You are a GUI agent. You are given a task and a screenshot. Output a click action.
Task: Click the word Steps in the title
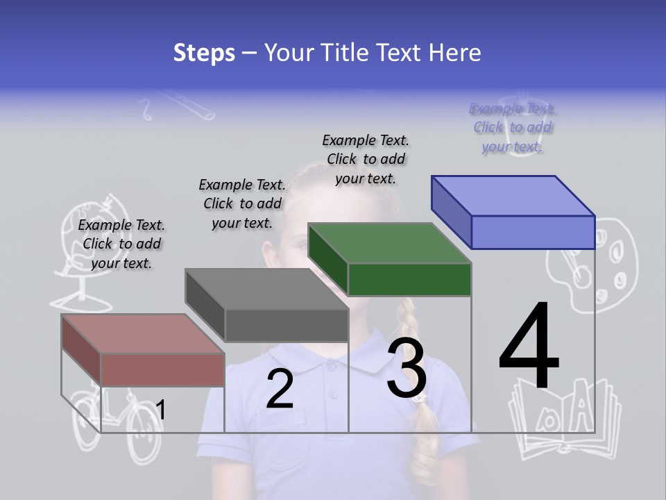tap(203, 53)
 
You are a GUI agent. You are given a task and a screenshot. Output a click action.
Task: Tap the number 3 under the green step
tap(406, 369)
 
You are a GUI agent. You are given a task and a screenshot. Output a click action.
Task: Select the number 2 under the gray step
tap(280, 389)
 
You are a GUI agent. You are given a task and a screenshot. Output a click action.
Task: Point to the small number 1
tap(160, 410)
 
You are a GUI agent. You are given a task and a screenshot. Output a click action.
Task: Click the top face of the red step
tap(142, 333)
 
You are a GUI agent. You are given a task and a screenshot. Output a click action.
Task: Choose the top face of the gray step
tap(266, 288)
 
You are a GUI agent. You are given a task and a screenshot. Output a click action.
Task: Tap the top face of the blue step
tap(513, 195)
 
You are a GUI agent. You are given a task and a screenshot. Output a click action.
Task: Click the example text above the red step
tap(121, 244)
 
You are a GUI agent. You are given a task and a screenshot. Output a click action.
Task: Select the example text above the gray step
tap(242, 203)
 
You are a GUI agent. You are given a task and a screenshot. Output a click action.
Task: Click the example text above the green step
tap(366, 159)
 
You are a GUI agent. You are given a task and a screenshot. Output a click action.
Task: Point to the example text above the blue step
tap(513, 127)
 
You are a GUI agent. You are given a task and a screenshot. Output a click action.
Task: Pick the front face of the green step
tap(409, 279)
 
